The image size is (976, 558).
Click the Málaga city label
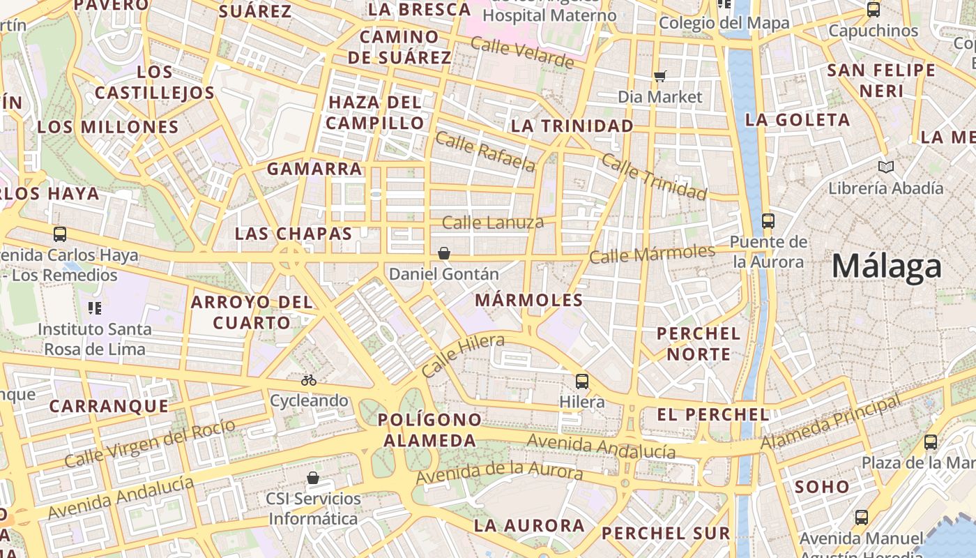click(x=887, y=267)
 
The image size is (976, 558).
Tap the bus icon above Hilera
click(x=582, y=382)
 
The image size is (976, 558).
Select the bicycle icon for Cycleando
click(x=309, y=380)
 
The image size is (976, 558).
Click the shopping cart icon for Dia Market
click(x=660, y=76)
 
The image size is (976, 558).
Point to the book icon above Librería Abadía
click(x=886, y=167)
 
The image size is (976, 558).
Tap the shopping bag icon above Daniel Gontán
click(x=444, y=253)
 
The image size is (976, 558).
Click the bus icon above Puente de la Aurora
click(x=768, y=221)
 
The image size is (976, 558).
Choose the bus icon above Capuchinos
click(x=874, y=10)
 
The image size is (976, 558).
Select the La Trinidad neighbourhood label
click(x=572, y=126)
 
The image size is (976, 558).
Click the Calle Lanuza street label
click(x=493, y=223)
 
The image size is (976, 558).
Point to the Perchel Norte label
click(x=699, y=344)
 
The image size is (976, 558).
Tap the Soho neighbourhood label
click(x=823, y=487)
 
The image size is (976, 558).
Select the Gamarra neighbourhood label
click(x=315, y=169)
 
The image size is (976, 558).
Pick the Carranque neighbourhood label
click(x=109, y=406)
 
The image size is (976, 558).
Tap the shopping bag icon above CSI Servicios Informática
click(x=313, y=478)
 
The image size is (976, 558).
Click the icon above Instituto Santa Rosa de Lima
click(x=95, y=308)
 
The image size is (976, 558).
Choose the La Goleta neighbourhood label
click(x=798, y=120)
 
